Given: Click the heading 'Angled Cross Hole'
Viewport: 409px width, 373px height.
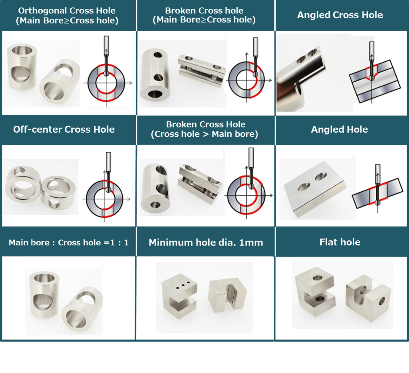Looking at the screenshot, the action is pyautogui.click(x=340, y=15).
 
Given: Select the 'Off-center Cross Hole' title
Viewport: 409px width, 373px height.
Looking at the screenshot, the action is pyautogui.click(x=64, y=130).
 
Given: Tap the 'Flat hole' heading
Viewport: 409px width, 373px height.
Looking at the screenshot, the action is pyautogui.click(x=340, y=242).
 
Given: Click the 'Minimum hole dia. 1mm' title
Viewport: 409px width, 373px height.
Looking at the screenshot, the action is pyautogui.click(x=206, y=242).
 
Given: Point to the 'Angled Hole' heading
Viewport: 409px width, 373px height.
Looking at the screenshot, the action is pyautogui.click(x=340, y=130).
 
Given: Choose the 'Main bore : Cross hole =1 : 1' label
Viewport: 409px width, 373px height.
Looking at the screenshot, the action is pyautogui.click(x=69, y=243).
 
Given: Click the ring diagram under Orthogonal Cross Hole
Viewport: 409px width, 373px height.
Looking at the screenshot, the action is pyautogui.click(x=106, y=82).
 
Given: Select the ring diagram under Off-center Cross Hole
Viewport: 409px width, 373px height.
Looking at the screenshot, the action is pyautogui.click(x=105, y=199).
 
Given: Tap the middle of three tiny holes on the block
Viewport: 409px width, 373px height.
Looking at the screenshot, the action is pyautogui.click(x=183, y=285).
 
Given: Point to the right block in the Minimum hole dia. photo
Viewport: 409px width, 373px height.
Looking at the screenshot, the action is pyautogui.click(x=227, y=295).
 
